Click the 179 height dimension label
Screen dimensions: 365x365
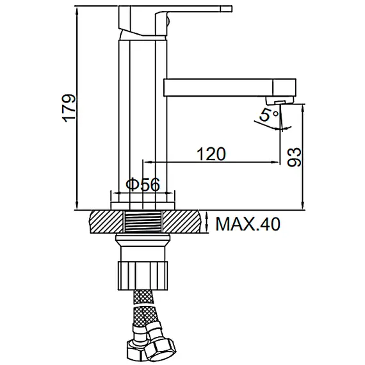click(69, 109)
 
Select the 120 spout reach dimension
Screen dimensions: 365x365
click(211, 154)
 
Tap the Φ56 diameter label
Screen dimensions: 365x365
click(142, 184)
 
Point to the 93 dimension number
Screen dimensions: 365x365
click(295, 157)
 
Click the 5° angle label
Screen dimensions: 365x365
click(267, 116)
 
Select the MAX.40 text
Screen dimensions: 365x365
click(248, 224)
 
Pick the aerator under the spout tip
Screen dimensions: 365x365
click(277, 101)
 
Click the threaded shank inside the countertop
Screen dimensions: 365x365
click(142, 222)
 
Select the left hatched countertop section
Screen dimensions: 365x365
click(105, 222)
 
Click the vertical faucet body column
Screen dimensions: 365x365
click(142, 115)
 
